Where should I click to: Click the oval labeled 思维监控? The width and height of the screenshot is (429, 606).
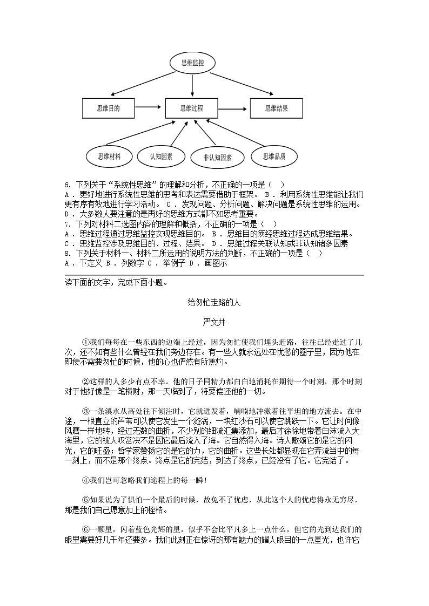[193, 63]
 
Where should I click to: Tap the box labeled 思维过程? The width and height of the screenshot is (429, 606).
[192, 108]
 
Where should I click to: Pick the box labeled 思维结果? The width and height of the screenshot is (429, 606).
[276, 108]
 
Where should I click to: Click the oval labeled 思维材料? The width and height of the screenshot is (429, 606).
[110, 156]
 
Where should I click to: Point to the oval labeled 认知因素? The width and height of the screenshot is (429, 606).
[162, 156]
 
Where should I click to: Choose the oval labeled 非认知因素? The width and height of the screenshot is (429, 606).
[217, 158]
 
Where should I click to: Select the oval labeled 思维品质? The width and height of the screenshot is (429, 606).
[274, 156]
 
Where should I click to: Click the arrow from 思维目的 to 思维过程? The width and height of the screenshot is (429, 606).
[150, 108]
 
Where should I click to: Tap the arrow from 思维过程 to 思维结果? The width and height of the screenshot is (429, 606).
[234, 108]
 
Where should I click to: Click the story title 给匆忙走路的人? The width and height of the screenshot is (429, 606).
[214, 302]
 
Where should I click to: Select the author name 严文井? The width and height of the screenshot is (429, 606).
[214, 322]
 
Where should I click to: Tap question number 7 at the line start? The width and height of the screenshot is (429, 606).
[67, 224]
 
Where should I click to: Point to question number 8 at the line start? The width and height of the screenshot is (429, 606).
[67, 253]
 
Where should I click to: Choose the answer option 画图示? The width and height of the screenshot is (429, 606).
[216, 263]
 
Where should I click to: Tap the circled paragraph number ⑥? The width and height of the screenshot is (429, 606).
[85, 529]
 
